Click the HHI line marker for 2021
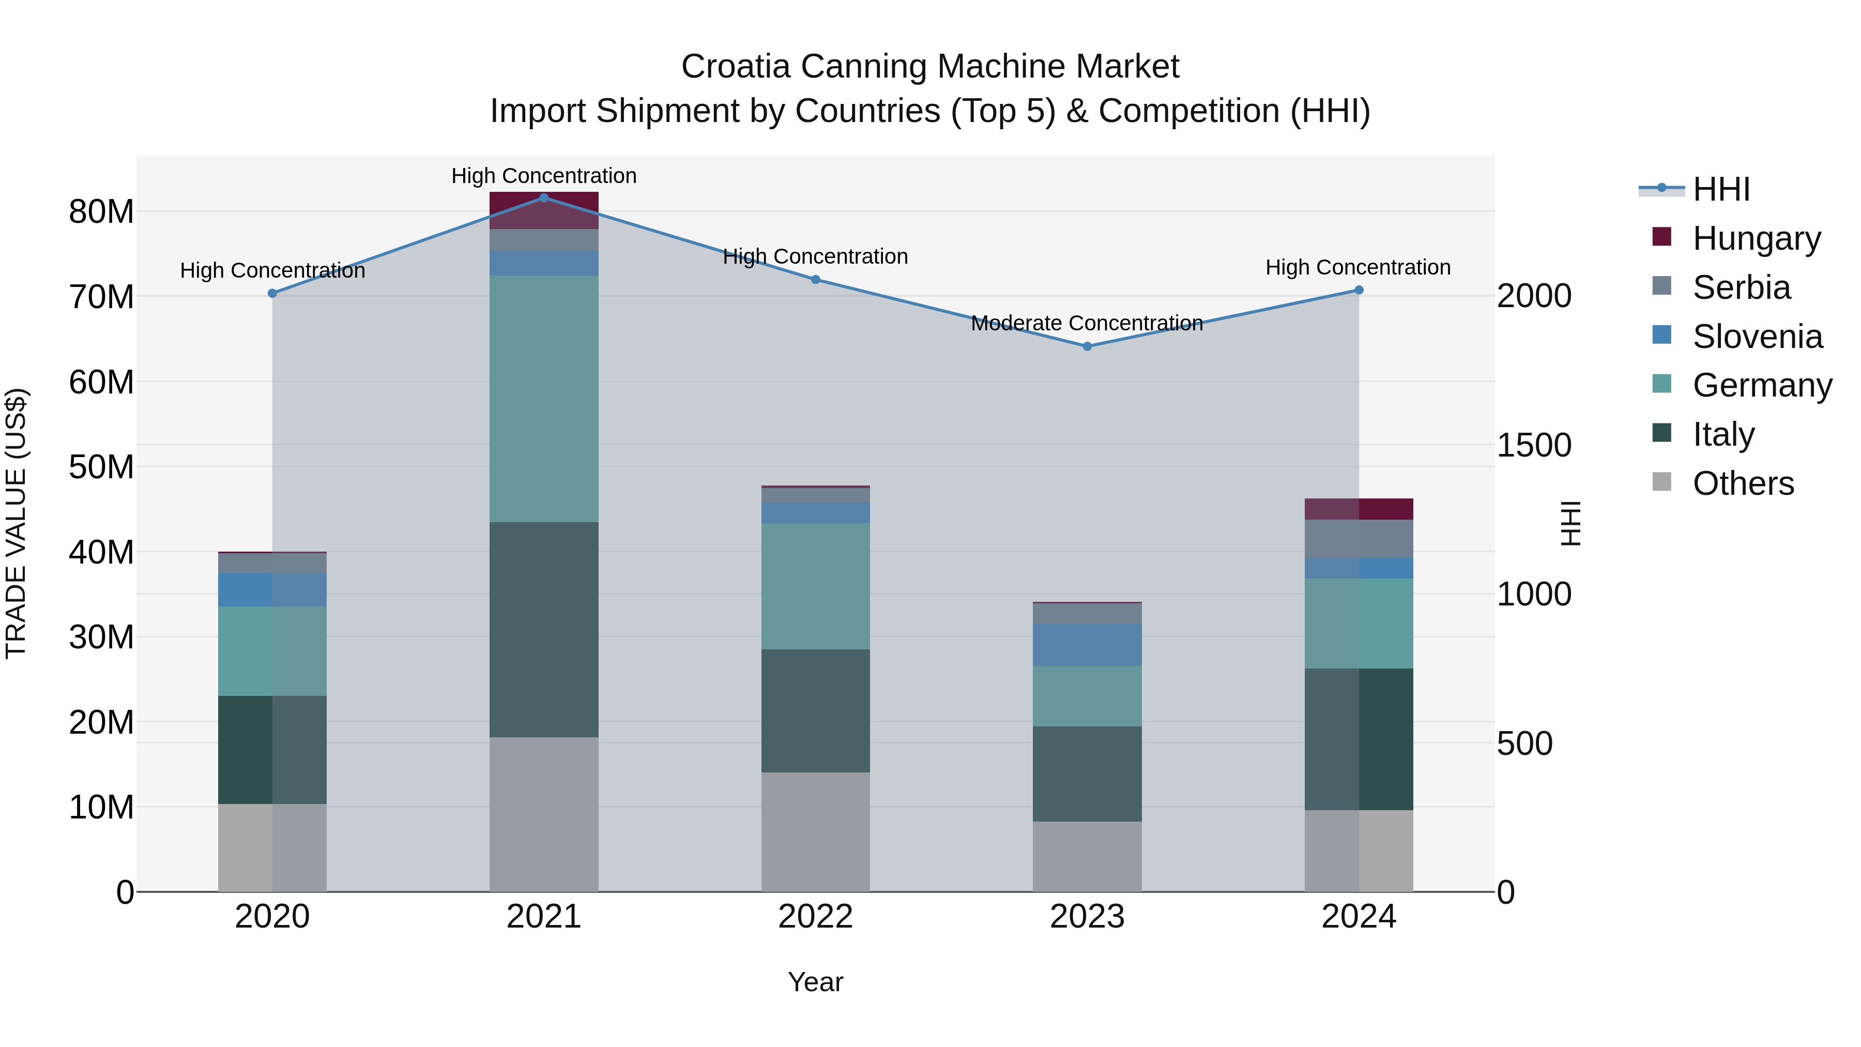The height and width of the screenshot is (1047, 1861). point(544,198)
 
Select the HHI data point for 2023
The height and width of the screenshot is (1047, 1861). point(1087,346)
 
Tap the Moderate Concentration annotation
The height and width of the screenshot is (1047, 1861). point(1087,323)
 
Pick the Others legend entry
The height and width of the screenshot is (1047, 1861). point(1743,483)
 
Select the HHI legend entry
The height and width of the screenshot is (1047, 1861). point(1721,189)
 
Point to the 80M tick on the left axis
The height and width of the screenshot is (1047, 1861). point(101,211)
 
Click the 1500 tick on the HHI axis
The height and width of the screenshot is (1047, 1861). point(1533,445)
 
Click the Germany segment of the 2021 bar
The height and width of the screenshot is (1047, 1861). point(544,398)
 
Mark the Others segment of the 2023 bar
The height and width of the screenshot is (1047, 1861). point(1087,856)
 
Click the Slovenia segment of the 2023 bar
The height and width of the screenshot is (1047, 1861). point(1087,645)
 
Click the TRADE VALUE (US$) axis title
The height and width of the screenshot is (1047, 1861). point(16,523)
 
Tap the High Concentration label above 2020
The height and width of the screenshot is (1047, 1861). point(272,270)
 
